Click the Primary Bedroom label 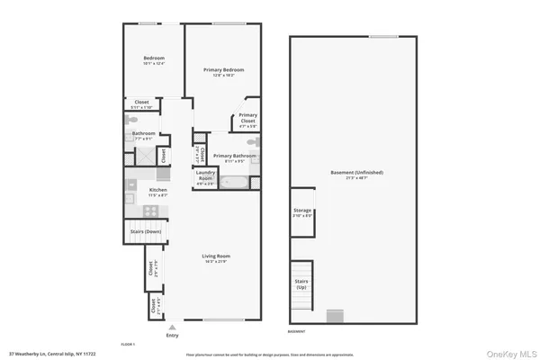pos(223,69)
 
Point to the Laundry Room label pos(206,174)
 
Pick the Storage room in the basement pos(302,211)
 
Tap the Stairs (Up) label pos(302,282)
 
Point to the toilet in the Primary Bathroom pos(252,142)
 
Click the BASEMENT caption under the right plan pos(296,331)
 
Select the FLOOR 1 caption pos(129,345)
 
